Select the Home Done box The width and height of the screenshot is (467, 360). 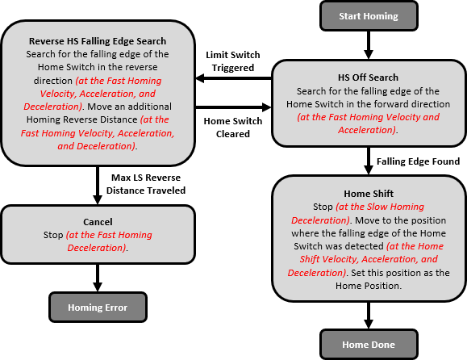pos(369,345)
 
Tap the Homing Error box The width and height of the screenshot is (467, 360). pos(98,307)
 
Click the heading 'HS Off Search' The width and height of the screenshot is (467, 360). pos(368,77)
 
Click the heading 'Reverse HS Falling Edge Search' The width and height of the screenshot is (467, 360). pos(98,41)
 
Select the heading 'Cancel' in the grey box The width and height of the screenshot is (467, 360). pos(98,221)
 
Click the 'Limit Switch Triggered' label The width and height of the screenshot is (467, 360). pos(233,61)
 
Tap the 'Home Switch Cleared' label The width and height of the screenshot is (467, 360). pos(233,128)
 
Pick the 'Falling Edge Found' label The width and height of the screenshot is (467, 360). pos(418,161)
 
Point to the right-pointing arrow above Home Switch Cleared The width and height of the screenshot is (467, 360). pos(232,107)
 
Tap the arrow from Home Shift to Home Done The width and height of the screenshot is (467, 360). pos(369,313)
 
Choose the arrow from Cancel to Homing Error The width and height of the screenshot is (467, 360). pos(98,276)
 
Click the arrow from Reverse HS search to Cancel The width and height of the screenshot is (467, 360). pos(98,185)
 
